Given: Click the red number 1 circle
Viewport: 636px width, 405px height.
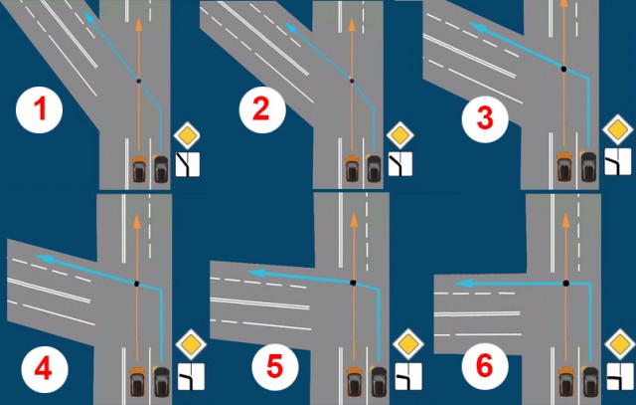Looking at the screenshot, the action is pyautogui.click(x=40, y=110).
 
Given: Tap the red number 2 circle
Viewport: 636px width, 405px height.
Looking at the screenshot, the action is pyautogui.click(x=262, y=110).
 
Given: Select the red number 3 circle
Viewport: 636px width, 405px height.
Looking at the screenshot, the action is pyautogui.click(x=485, y=119).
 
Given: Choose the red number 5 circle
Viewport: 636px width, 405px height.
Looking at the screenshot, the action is pyautogui.click(x=275, y=367).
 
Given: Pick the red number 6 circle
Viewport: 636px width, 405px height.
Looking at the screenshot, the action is pyautogui.click(x=485, y=365).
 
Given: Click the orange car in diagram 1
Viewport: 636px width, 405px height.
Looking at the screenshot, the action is pyautogui.click(x=139, y=168).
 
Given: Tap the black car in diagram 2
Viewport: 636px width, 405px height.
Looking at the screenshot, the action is pyautogui.click(x=374, y=168).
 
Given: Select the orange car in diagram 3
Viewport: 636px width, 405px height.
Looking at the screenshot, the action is pyautogui.click(x=564, y=166).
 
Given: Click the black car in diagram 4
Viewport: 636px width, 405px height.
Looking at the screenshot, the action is pyautogui.click(x=161, y=382).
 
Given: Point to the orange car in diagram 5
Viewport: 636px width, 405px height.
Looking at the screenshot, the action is pyautogui.click(x=354, y=382).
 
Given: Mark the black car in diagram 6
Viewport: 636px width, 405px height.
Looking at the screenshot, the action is pyautogui.click(x=590, y=382).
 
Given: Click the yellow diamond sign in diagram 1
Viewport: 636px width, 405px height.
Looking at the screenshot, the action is pyautogui.click(x=187, y=135).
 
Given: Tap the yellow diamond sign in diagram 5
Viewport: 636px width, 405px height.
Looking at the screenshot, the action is pyautogui.click(x=408, y=344).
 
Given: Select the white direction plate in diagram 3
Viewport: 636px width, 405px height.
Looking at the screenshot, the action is pyautogui.click(x=618, y=161).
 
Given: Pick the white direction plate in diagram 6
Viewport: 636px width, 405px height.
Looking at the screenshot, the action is pyautogui.click(x=620, y=376).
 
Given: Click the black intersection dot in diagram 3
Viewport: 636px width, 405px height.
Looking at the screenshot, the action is pyautogui.click(x=563, y=69).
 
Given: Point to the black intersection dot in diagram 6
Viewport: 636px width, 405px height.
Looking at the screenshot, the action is pyautogui.click(x=565, y=284).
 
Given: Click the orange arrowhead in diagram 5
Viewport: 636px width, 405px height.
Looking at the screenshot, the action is pyautogui.click(x=354, y=220).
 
